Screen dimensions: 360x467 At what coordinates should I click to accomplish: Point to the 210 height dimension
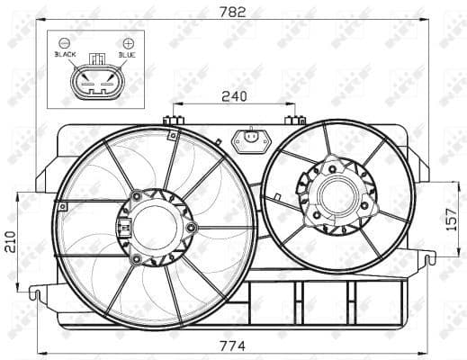pyautogui.click(x=10, y=240)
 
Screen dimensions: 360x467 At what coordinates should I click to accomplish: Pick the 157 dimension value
pyautogui.click(x=453, y=218)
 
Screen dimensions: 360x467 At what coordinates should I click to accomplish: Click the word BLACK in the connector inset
pyautogui.click(x=66, y=55)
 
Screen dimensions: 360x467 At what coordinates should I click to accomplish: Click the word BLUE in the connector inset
pyautogui.click(x=127, y=55)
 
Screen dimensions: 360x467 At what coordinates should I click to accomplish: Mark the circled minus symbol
pyautogui.click(x=65, y=42)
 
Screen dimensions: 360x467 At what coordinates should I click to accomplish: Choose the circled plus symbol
pyautogui.click(x=128, y=42)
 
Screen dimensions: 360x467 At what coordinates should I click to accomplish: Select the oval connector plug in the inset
pyautogui.click(x=95, y=82)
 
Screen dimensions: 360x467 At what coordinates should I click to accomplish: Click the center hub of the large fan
pyautogui.click(x=155, y=226)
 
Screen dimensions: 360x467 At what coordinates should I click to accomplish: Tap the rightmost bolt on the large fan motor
pyautogui.click(x=191, y=227)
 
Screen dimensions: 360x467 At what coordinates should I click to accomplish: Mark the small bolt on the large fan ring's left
pyautogui.click(x=61, y=206)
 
